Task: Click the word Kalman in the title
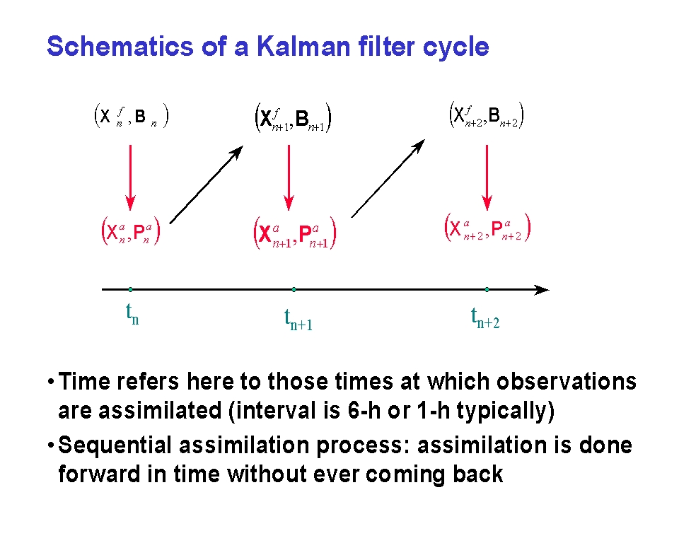pos(303,46)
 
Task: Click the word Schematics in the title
pos(120,46)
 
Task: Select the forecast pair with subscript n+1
pos(293,118)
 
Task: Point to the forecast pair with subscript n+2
pos(487,115)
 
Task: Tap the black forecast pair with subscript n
pos(132,116)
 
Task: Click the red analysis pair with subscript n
pos(131,231)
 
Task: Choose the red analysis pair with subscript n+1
pos(295,233)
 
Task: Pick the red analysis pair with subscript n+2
pos(487,228)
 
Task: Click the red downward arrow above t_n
pos(130,177)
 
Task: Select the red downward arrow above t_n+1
pos(289,177)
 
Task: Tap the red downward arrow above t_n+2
pos(487,177)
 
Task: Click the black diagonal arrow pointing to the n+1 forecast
pos(207,185)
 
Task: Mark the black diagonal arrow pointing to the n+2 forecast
pos(388,178)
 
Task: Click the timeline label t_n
pos(132,314)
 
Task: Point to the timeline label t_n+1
pos(298,319)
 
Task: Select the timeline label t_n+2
pos(485,317)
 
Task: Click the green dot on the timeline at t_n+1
pos(294,289)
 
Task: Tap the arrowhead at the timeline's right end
pos(542,290)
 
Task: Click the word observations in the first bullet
pos(567,382)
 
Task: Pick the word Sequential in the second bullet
pos(115,446)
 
